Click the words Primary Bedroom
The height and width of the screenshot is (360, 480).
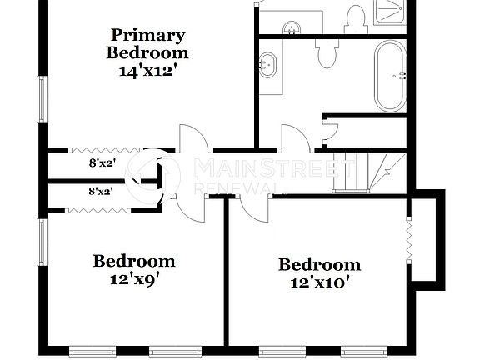(147, 43)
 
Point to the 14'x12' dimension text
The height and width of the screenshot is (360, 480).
(147, 71)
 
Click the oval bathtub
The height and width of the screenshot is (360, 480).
(390, 75)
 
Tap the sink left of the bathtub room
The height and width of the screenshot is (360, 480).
(269, 65)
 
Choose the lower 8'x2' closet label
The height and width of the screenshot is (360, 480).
(102, 191)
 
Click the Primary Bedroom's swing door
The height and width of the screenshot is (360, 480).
(191, 137)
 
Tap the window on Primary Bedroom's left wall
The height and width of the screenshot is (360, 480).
(42, 99)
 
